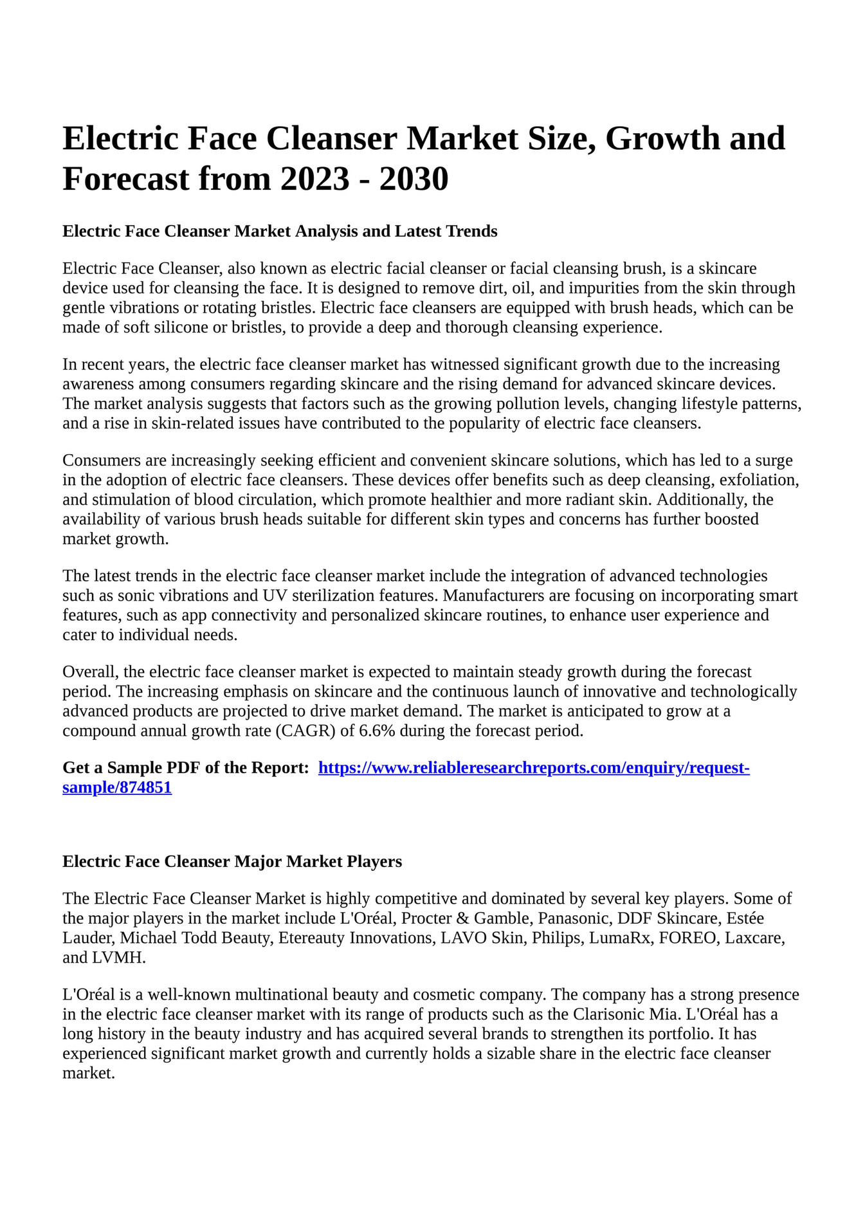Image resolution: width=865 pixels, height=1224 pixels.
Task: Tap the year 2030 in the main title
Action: (x=414, y=179)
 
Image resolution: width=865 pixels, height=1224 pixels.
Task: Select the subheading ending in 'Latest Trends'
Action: (x=280, y=231)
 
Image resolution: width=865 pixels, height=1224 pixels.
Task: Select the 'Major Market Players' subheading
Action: (x=232, y=861)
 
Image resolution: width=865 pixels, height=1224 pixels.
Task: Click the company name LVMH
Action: (x=118, y=958)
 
